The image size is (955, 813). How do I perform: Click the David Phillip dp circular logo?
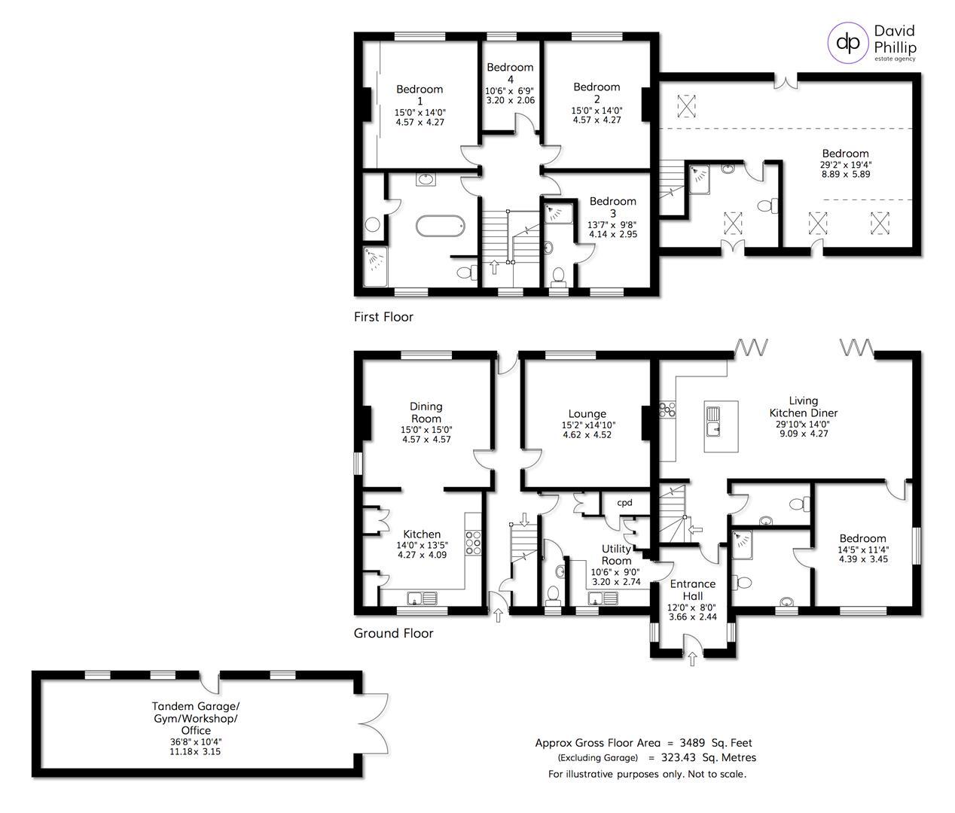[x=848, y=43]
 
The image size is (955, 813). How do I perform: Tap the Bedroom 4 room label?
[x=510, y=74]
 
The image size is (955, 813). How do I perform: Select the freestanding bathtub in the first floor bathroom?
[x=440, y=227]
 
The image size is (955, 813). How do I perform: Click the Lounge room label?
[x=587, y=414]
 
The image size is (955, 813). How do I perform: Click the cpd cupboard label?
[x=624, y=503]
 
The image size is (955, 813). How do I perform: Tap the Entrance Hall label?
[x=693, y=590]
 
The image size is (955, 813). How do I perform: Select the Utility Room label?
[x=616, y=555]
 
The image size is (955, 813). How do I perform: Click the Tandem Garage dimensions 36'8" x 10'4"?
[x=195, y=742]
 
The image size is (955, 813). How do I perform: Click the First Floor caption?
[x=383, y=317]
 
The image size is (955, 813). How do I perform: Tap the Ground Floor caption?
[x=393, y=633]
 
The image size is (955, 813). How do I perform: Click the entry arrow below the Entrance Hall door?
[x=692, y=659]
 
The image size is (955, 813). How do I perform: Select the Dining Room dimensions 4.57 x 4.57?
[x=426, y=440]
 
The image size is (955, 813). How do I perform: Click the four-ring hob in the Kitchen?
[x=473, y=543]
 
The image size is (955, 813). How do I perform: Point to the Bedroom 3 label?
[x=612, y=207]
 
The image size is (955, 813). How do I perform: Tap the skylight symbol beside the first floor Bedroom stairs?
[x=687, y=106]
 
